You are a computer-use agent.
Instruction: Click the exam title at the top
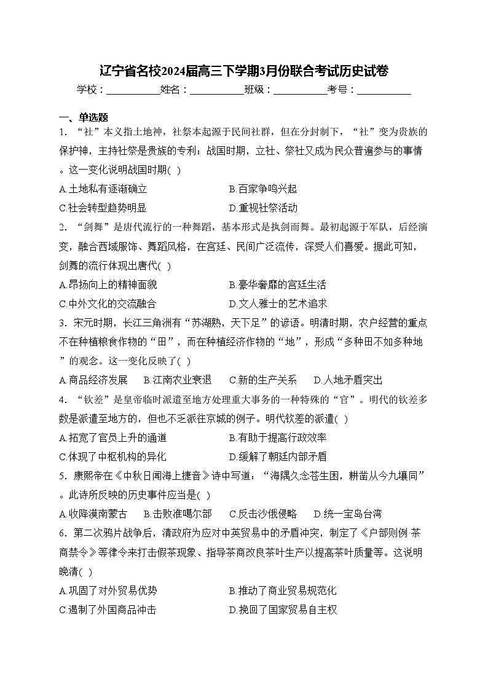243,71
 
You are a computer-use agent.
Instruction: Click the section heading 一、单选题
84,117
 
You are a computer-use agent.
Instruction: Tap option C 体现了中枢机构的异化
113,457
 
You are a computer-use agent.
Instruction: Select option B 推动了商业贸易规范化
283,591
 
